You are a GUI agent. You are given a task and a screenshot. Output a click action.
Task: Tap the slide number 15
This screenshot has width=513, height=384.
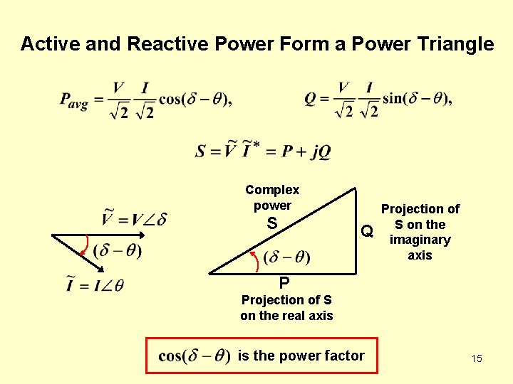(x=476, y=358)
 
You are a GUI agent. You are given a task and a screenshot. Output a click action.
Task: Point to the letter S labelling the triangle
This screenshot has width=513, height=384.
(x=271, y=223)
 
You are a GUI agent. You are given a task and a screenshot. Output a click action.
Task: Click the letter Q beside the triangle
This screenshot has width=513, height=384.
(x=367, y=231)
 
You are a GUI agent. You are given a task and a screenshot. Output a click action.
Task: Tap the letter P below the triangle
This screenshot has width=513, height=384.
(x=284, y=282)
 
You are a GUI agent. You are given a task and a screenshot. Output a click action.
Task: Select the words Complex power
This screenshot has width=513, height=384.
(x=272, y=198)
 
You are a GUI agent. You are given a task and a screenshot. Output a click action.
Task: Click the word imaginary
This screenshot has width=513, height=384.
(x=420, y=240)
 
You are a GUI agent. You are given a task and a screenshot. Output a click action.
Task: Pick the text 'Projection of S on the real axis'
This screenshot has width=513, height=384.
(x=286, y=308)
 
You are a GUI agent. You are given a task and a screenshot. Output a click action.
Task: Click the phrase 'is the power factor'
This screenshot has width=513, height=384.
(x=301, y=356)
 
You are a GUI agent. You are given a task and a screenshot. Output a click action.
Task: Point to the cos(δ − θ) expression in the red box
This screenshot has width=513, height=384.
(x=193, y=356)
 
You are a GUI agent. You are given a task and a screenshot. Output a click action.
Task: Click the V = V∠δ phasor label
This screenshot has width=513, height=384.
(x=134, y=218)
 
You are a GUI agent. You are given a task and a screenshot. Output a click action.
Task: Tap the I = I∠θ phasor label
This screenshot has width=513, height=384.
(x=95, y=285)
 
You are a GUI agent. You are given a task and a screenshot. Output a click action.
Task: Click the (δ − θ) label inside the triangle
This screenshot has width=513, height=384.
(x=286, y=256)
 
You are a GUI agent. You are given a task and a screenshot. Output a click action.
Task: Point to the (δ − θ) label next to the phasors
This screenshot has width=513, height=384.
(x=118, y=250)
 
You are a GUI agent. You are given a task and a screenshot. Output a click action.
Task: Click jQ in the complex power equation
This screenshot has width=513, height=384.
(x=320, y=151)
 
